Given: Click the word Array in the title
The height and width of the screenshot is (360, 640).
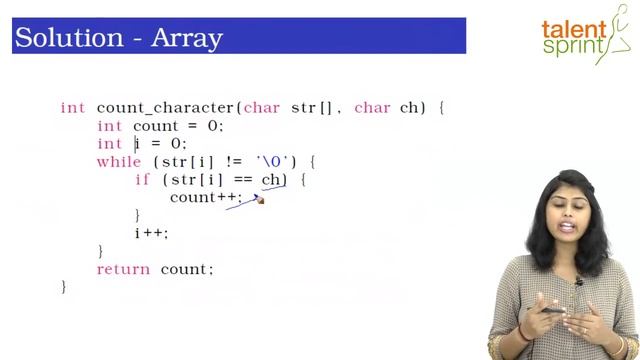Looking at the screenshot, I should [186, 38].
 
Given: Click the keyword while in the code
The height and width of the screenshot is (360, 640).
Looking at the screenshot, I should [119, 162].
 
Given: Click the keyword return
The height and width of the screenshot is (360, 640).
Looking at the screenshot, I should [123, 270].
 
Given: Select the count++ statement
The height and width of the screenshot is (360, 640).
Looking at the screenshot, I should [205, 198].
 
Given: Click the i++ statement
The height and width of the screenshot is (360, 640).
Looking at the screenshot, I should [151, 234].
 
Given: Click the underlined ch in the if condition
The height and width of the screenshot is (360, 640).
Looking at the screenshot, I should [273, 180].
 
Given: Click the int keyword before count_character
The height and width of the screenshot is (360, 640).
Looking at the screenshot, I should [72, 108].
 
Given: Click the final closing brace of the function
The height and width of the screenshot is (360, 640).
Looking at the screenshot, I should [64, 287].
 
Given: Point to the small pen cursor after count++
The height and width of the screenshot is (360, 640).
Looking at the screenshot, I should [259, 200].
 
